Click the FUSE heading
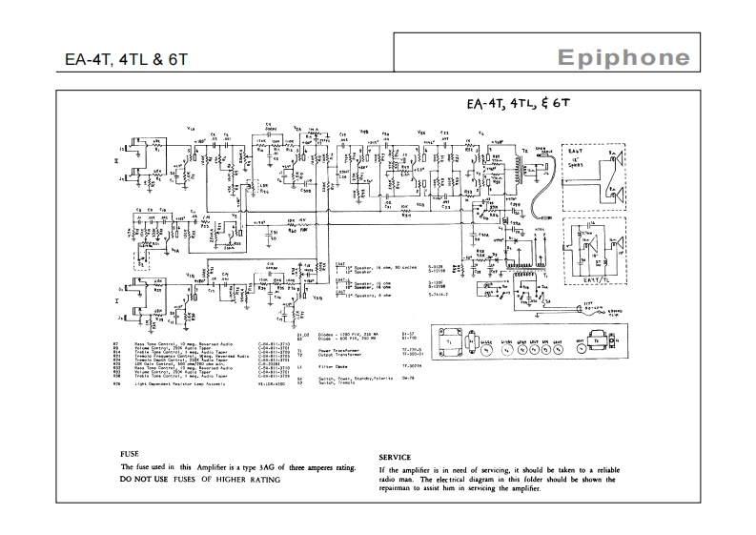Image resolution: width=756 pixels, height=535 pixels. coord(133,455)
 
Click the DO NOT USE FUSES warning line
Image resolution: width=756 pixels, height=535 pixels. coord(200,479)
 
